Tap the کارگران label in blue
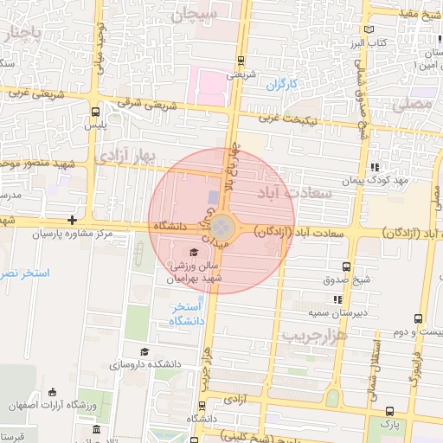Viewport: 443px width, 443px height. tap(280, 85)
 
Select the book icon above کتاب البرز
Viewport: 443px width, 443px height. tap(377, 27)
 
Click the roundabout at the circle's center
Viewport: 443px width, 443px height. tap(223, 228)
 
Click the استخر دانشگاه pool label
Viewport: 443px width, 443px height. tap(187, 314)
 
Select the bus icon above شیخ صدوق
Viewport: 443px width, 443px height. tap(346, 266)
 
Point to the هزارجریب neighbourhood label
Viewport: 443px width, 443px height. tap(314, 334)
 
